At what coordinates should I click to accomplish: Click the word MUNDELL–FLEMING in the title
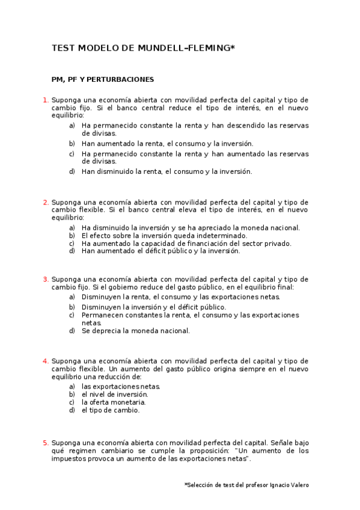tap(189, 48)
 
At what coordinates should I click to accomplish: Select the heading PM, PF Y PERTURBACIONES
tap(103, 79)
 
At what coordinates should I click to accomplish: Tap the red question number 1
tap(46, 99)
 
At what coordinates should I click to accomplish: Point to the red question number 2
tap(46, 202)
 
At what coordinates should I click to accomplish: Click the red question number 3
tap(46, 279)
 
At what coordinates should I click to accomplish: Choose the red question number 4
tap(46, 361)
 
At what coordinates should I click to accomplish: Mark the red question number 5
tap(46, 443)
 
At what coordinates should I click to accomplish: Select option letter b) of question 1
tap(72, 144)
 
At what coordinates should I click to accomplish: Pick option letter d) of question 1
tap(72, 171)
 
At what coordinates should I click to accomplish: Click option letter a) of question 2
tap(72, 228)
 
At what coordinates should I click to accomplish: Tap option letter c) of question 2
tap(72, 244)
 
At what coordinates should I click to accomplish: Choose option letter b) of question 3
tap(72, 307)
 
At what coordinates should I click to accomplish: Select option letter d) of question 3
tap(72, 331)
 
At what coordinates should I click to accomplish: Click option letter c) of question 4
tap(72, 402)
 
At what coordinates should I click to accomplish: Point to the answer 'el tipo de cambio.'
tap(111, 410)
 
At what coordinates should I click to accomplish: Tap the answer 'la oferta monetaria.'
tap(114, 402)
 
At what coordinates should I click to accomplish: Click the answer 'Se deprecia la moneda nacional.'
tap(136, 331)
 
